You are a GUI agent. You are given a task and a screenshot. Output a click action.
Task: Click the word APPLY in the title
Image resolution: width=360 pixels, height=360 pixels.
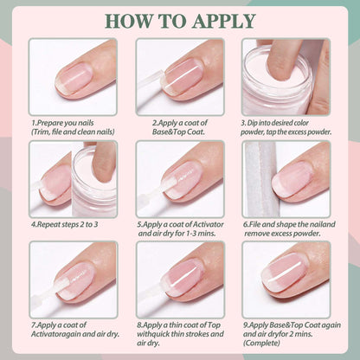pos(224,21)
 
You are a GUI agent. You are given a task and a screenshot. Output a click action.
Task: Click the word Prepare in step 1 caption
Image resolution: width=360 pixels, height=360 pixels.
pos(50,123)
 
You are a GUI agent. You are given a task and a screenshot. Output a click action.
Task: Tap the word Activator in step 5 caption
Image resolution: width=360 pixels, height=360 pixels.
pos(208,224)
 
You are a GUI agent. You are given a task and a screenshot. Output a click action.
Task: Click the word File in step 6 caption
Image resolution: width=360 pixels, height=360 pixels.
pos(255,224)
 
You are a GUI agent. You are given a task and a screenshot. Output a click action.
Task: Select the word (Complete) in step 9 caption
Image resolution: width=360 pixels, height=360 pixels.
pos(261,344)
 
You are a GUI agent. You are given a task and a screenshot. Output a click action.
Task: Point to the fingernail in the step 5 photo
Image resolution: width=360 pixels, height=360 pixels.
pos(183,180)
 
